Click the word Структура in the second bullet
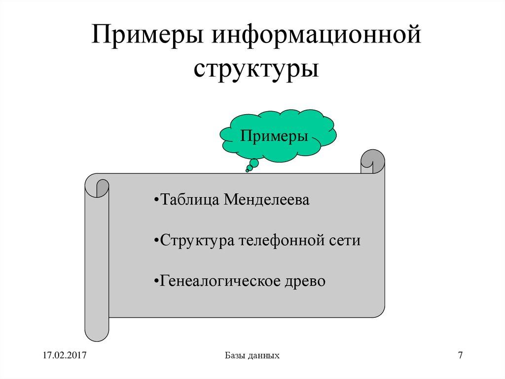click(197, 241)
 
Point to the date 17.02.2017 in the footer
click(64, 355)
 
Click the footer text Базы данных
click(252, 355)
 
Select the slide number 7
click(460, 355)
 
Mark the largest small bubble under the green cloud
click(254, 163)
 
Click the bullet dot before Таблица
click(156, 202)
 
